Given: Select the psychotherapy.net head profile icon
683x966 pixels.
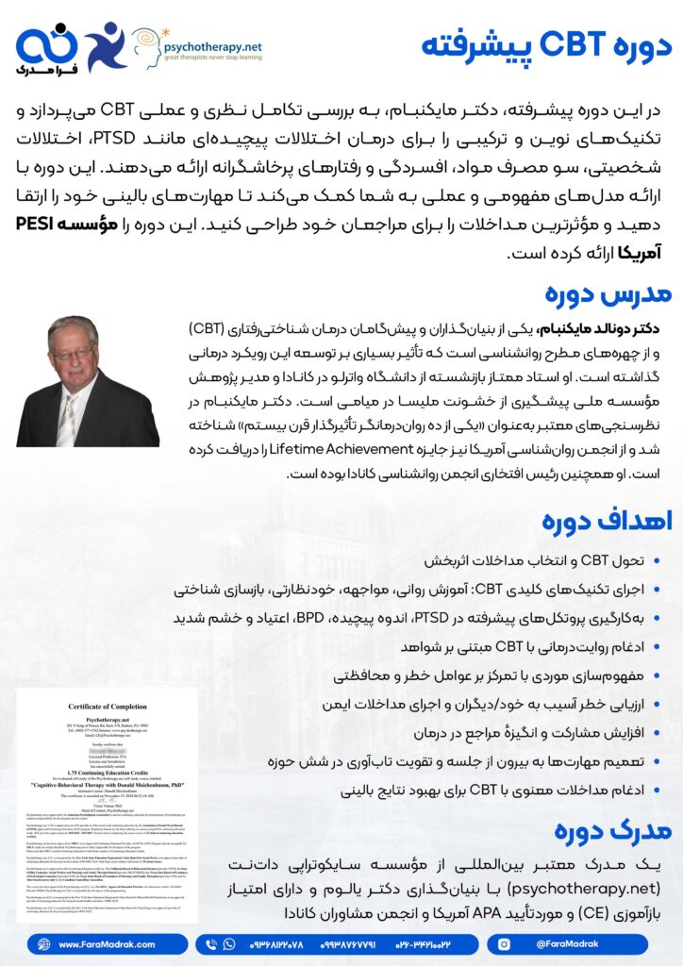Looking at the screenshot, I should [x=147, y=44].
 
